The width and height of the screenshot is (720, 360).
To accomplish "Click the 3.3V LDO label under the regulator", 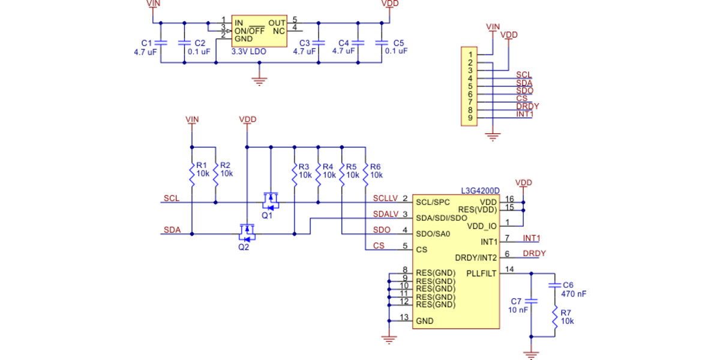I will (x=249, y=52).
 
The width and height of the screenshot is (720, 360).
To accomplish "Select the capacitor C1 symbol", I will (x=161, y=43).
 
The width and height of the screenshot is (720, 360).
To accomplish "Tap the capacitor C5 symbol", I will (x=382, y=43).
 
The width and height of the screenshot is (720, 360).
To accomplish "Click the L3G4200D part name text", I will (x=480, y=191).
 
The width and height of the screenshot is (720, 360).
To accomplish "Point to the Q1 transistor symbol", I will (x=271, y=198).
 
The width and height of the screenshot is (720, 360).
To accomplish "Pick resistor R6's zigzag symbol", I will (x=365, y=174).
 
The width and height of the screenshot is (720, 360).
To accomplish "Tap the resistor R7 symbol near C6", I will (x=555, y=317).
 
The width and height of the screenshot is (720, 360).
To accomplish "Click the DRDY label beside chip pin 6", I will (x=534, y=254).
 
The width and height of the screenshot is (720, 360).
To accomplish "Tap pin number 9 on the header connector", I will (x=470, y=118).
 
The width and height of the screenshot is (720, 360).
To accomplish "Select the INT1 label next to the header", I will (x=524, y=114).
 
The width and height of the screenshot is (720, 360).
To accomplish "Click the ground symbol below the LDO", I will (x=259, y=80).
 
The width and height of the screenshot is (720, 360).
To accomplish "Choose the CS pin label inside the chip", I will (x=421, y=249).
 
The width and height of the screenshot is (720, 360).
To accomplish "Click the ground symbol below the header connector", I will (x=493, y=137).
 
